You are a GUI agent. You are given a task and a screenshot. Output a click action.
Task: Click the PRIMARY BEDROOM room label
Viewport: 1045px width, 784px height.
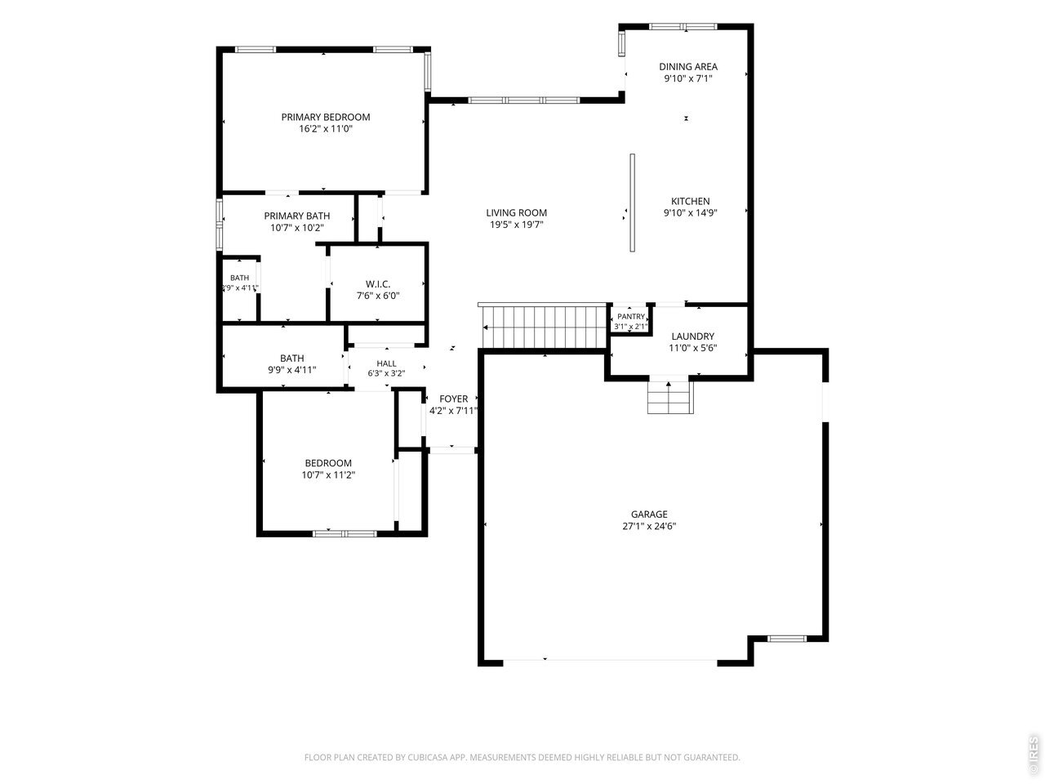pos(326,117)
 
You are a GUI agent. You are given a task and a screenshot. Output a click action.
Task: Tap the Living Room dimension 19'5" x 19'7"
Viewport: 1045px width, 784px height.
pos(517,225)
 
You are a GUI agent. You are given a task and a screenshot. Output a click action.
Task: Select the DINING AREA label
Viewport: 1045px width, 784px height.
pos(688,67)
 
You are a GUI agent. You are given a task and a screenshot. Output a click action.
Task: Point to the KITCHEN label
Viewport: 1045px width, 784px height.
pos(691,202)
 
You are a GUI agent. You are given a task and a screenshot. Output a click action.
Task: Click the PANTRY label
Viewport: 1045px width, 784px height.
pos(631,317)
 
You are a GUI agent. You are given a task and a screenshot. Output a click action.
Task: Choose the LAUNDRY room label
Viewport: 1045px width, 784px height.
pos(692,336)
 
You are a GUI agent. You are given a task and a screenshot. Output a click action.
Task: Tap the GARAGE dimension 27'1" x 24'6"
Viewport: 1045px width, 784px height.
pos(649,527)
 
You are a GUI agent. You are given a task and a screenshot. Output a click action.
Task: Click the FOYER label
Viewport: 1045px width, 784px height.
pos(453,399)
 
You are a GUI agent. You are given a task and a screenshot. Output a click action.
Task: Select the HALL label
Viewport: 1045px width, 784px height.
pos(386,363)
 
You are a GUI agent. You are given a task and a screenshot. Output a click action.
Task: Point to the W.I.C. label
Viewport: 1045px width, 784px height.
pos(378,284)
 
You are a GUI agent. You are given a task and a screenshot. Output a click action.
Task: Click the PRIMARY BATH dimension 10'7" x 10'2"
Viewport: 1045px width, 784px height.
pos(297,228)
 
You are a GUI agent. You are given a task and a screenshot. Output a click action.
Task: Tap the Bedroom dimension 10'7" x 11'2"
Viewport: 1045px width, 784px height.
pos(328,475)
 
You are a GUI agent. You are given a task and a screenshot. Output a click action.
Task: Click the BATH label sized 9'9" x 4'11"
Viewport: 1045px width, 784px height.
pos(291,359)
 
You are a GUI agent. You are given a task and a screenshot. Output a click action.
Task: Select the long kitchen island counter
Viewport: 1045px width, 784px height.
pos(632,203)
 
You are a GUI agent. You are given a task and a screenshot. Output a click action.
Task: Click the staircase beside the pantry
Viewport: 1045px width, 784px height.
pos(545,326)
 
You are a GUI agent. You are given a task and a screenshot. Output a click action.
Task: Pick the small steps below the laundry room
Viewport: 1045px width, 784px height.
pos(670,397)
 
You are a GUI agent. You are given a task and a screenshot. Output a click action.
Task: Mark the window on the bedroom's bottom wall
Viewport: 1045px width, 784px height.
pos(345,533)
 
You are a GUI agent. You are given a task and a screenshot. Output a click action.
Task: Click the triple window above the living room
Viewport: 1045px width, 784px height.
pos(523,100)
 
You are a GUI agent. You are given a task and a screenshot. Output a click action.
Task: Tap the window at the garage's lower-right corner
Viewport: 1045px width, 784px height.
pos(786,639)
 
